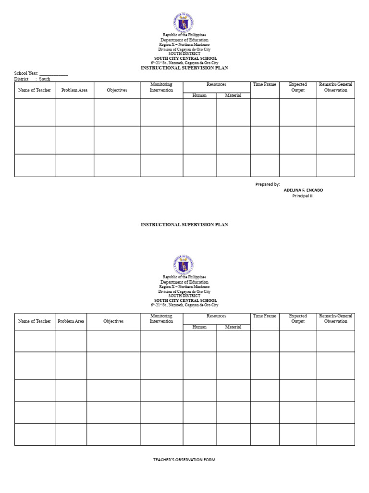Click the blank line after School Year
[53, 74]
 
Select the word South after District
[45, 79]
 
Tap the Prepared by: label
[267, 184]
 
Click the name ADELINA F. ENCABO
[303, 190]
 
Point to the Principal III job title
[303, 196]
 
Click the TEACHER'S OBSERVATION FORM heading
[184, 460]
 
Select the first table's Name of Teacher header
[35, 91]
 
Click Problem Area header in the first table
[74, 91]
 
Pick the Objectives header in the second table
[113, 321]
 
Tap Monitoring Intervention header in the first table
[161, 87]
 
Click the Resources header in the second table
[216, 316]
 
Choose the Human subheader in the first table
[199, 95]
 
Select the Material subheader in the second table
[233, 327]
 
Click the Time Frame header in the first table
[265, 85]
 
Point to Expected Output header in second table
[298, 319]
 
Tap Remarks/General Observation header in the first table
[336, 87]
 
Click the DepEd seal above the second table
[183, 265]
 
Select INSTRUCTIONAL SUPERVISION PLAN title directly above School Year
[184, 68]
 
